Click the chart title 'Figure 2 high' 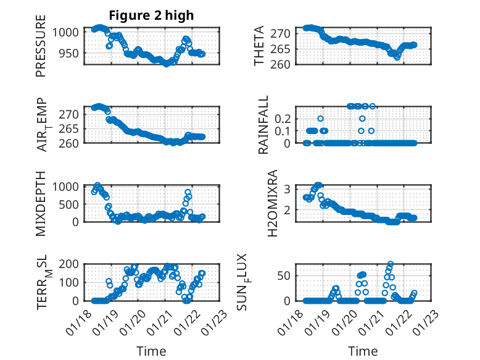pyautogui.click(x=151, y=14)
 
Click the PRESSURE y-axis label pyautogui.click(x=41, y=51)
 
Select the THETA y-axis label pyautogui.click(x=259, y=46)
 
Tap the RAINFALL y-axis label pyautogui.click(x=263, y=125)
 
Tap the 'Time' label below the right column pyautogui.click(x=363, y=351)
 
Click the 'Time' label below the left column pyautogui.click(x=151, y=351)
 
